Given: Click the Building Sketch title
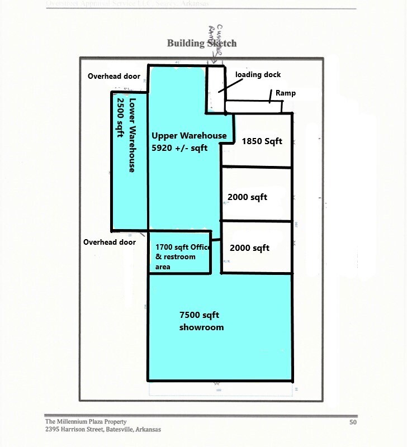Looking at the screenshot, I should (x=202, y=43).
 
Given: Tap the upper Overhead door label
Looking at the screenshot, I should (x=113, y=76).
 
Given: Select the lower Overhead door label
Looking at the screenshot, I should (x=110, y=242).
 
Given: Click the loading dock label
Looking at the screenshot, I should (x=258, y=74).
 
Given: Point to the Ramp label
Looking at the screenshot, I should (x=285, y=93).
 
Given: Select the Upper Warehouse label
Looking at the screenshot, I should (x=189, y=135).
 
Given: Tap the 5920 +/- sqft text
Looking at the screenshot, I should (x=179, y=148).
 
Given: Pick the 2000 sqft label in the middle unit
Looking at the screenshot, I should (x=247, y=197).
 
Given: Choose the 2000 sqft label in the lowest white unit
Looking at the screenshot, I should (x=249, y=248).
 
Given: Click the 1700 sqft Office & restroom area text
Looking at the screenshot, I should (x=180, y=256).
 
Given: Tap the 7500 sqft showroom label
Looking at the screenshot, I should (x=201, y=321).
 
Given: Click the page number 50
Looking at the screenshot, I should (x=352, y=422).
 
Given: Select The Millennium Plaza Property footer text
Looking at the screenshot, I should (x=86, y=421).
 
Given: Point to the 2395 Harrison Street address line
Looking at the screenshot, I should (x=103, y=429).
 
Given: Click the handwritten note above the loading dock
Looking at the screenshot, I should (x=215, y=42).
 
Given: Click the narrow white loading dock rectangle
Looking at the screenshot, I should (x=215, y=89).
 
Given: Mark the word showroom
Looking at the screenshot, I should (x=201, y=327).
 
